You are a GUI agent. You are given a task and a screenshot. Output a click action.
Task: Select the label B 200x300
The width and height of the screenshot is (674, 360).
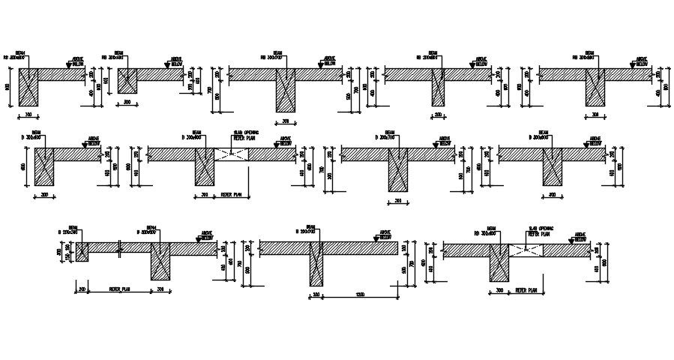[67, 233]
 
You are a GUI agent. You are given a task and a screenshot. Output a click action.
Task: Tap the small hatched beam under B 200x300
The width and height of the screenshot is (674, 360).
[82, 251]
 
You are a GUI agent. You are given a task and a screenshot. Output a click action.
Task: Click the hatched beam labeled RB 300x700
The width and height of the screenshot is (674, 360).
[285, 90]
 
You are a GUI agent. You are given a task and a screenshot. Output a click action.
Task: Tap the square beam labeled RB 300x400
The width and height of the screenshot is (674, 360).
[127, 80]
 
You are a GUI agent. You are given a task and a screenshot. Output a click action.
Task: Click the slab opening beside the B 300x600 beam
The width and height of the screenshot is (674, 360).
[232, 154]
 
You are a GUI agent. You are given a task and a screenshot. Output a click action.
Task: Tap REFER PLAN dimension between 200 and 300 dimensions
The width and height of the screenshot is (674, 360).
[120, 288]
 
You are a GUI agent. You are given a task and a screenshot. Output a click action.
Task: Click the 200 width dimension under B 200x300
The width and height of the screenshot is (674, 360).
[82, 288]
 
